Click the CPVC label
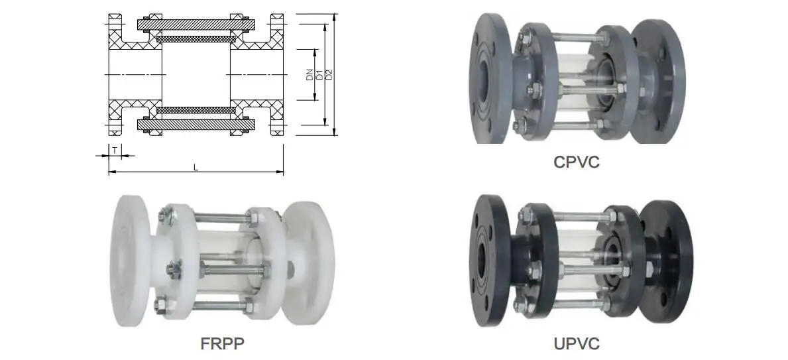tap(577, 162)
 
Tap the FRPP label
tap(223, 344)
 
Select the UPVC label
tap(577, 344)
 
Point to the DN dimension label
tap(310, 74)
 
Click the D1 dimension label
tap(319, 74)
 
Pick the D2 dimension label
tap(329, 74)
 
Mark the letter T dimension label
tap(115, 150)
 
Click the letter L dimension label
tap(196, 167)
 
